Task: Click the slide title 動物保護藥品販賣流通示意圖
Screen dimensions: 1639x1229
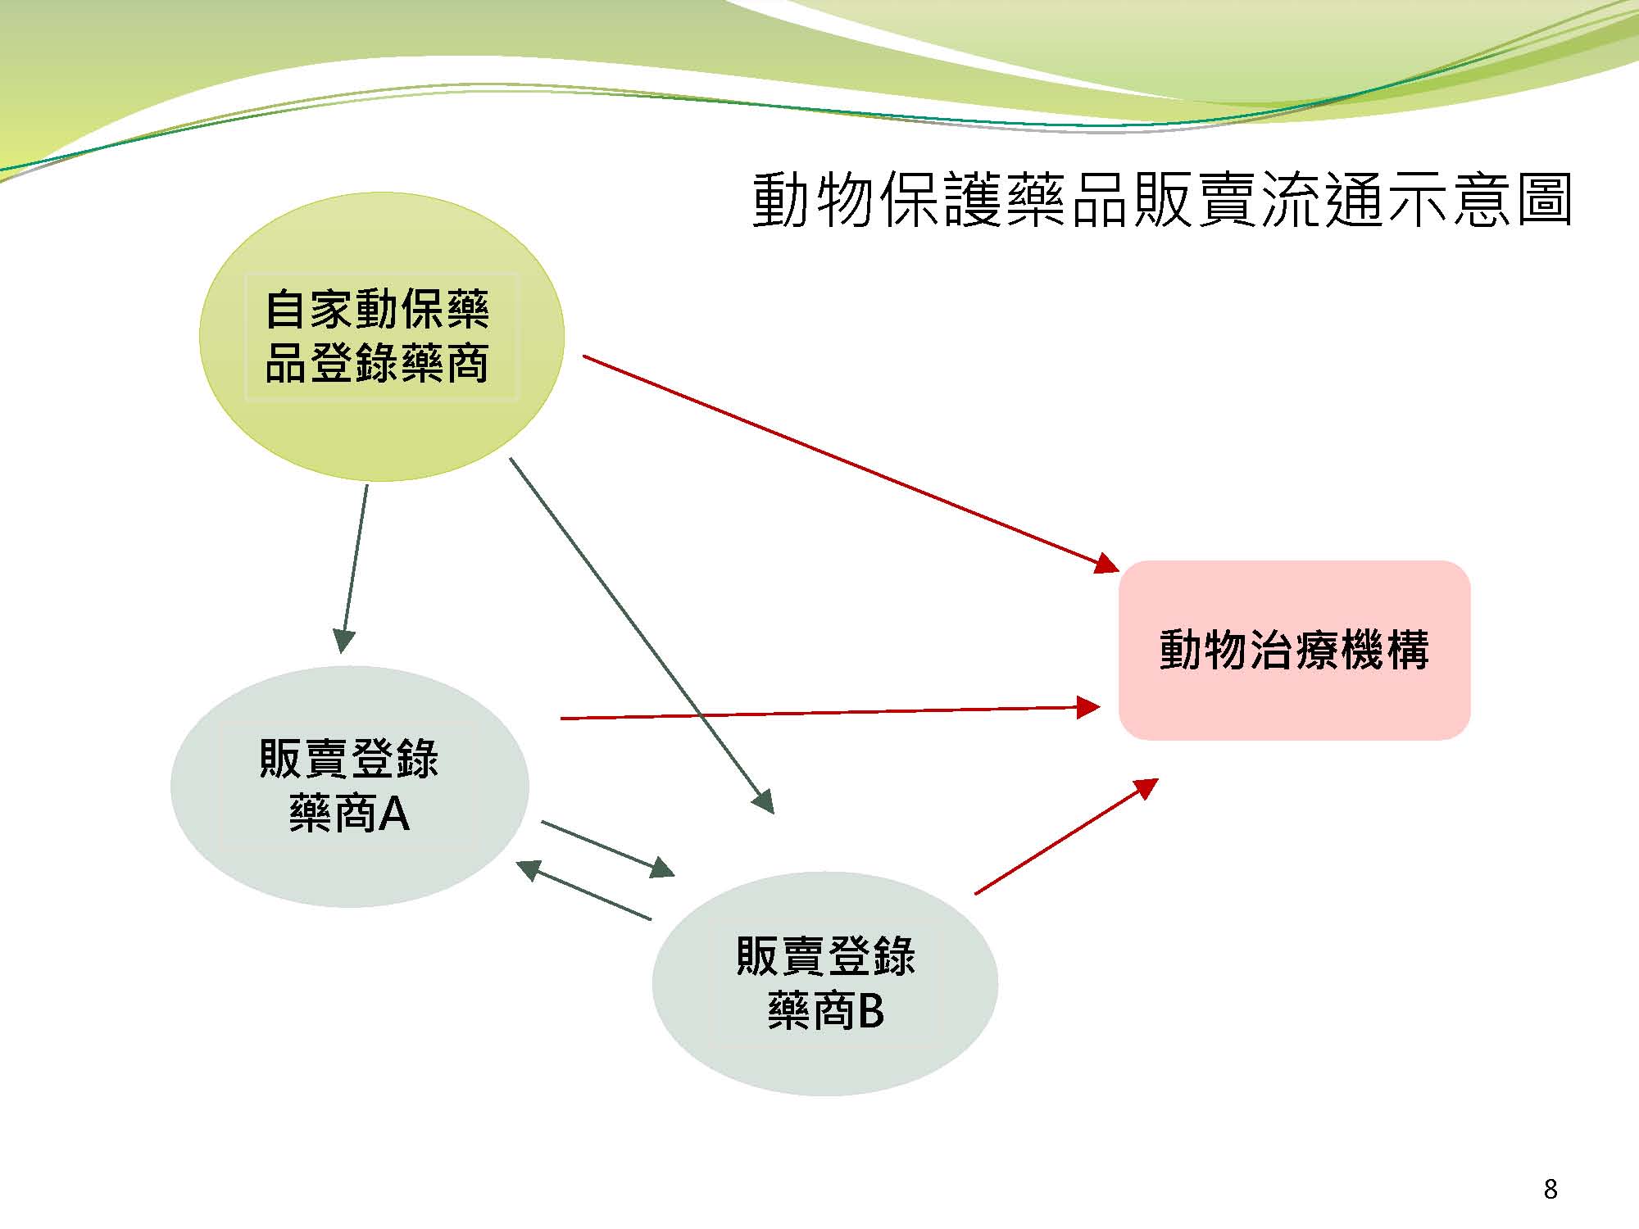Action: (1162, 200)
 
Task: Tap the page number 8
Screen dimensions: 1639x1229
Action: (1550, 1189)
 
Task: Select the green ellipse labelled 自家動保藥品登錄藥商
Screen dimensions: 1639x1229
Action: (382, 337)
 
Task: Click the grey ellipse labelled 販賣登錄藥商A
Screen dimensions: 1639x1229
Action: (350, 787)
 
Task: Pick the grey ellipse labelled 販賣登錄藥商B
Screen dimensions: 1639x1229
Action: (825, 983)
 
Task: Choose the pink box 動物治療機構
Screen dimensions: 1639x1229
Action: (1295, 651)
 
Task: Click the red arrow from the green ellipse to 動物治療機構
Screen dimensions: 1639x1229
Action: (851, 464)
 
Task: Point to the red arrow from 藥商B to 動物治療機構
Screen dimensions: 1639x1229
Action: (1066, 836)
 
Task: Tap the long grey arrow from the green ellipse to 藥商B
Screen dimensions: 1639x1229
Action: (642, 636)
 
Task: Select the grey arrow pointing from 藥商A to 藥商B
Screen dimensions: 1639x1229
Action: (608, 849)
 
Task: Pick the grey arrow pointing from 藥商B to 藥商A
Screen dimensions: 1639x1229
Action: (583, 891)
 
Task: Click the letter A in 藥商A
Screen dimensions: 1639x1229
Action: (394, 814)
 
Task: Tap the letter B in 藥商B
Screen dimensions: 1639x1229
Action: (870, 1011)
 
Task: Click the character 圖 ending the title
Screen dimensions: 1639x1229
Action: (1544, 200)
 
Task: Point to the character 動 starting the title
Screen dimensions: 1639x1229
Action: (781, 200)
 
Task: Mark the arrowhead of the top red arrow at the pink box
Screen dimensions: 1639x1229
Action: (1108, 564)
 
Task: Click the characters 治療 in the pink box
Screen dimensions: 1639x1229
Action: (1295, 651)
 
